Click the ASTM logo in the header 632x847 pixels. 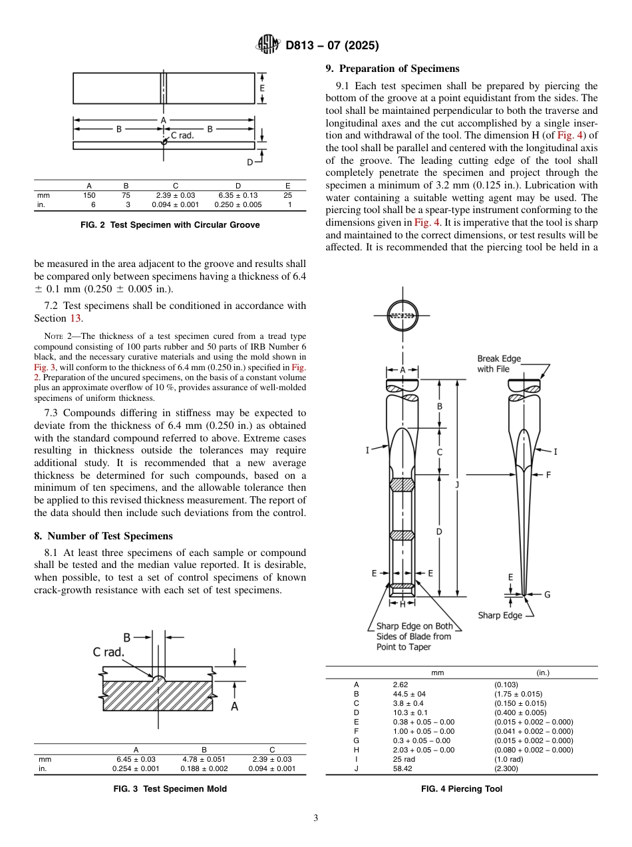click(267, 45)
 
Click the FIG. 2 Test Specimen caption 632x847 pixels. click(170, 225)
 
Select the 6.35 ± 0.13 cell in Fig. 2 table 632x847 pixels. click(237, 195)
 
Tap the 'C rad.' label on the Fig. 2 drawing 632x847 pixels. click(182, 135)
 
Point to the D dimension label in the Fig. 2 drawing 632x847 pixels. click(250, 162)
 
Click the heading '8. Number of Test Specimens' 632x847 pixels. click(103, 536)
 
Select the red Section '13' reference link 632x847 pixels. click(76, 318)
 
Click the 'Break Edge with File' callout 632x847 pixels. click(499, 364)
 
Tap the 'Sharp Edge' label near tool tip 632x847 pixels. click(500, 615)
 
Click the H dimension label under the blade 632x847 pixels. click(402, 604)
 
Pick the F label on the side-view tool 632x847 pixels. click(548, 475)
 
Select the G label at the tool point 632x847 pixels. click(547, 595)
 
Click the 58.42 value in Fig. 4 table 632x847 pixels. click(404, 768)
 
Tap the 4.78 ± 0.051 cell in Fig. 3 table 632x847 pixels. click(204, 759)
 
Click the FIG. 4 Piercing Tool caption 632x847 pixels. click(462, 789)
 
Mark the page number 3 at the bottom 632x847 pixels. click(315, 818)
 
